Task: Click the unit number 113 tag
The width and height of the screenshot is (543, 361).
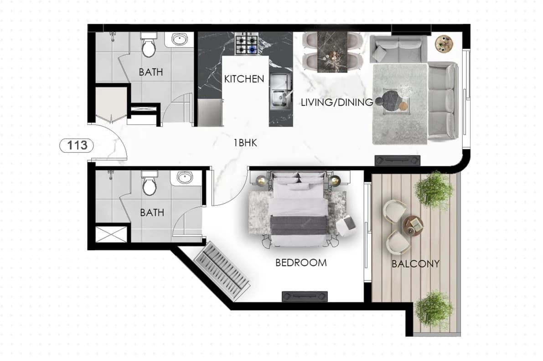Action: [x=77, y=145]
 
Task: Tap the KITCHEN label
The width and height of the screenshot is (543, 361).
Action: [x=244, y=79]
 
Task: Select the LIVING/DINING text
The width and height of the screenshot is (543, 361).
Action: [x=336, y=102]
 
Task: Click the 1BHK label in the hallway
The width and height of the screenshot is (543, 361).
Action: [x=245, y=143]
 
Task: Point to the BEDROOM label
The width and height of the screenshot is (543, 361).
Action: [x=301, y=263]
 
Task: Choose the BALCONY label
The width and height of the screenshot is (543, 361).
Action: [x=415, y=264]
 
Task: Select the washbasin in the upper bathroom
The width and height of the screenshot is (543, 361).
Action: [x=179, y=40]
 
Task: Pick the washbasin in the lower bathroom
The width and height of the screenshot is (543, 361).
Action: [x=185, y=178]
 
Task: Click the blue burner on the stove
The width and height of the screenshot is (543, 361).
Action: [x=253, y=50]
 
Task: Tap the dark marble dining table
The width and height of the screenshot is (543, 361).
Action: [x=332, y=52]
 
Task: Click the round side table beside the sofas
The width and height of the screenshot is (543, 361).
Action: [x=444, y=44]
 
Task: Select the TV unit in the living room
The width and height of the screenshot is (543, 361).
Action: [x=397, y=160]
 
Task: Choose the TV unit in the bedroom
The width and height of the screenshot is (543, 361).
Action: [x=305, y=297]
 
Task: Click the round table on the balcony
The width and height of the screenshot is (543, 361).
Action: [x=413, y=225]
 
